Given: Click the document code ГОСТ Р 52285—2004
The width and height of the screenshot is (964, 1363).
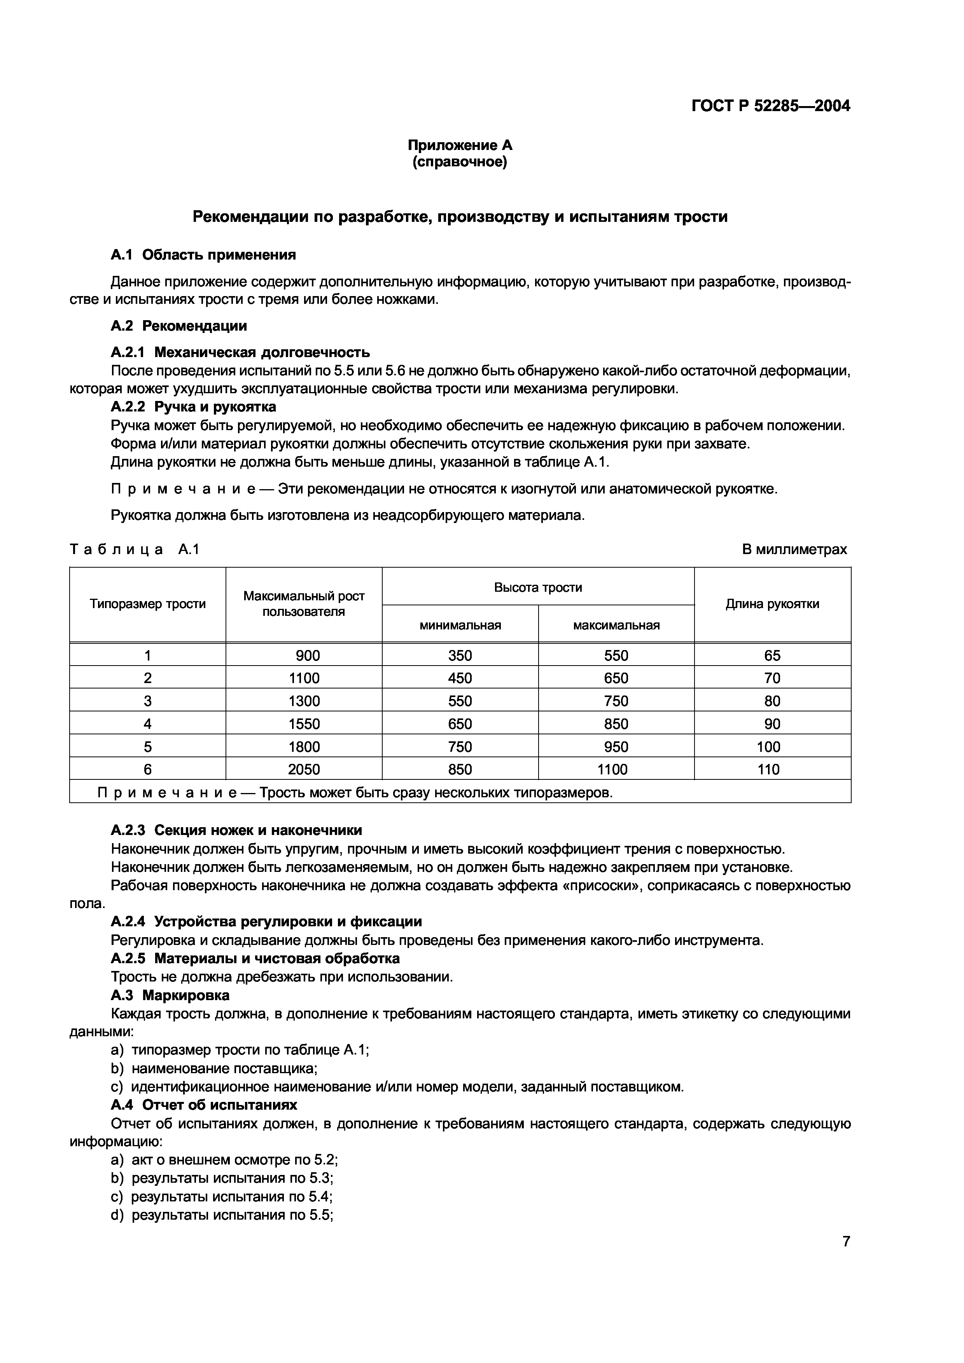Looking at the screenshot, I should pyautogui.click(x=770, y=106).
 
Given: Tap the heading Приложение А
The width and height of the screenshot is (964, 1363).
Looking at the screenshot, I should pyautogui.click(x=460, y=145).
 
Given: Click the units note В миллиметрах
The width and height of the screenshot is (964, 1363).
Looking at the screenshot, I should pyautogui.click(x=794, y=549).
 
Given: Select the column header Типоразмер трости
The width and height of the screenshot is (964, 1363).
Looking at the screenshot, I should pyautogui.click(x=147, y=604).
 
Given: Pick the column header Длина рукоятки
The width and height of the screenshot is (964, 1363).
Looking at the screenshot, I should pyautogui.click(x=772, y=604).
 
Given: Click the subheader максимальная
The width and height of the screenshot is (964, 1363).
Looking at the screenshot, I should pyautogui.click(x=616, y=625).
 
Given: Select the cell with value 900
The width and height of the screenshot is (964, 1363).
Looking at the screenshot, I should pyautogui.click(x=308, y=655).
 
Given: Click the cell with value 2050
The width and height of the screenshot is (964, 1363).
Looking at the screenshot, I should pyautogui.click(x=304, y=769).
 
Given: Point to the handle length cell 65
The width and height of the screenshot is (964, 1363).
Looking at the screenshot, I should pyautogui.click(x=772, y=655).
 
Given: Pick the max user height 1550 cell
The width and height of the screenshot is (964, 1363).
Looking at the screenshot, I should pyautogui.click(x=304, y=723).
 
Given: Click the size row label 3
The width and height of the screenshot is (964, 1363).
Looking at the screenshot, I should pyautogui.click(x=147, y=701).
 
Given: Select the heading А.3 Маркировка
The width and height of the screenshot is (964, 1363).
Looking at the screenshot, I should pyautogui.click(x=170, y=995).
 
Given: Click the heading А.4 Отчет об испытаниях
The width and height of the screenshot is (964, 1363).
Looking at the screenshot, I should pyautogui.click(x=204, y=1105).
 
